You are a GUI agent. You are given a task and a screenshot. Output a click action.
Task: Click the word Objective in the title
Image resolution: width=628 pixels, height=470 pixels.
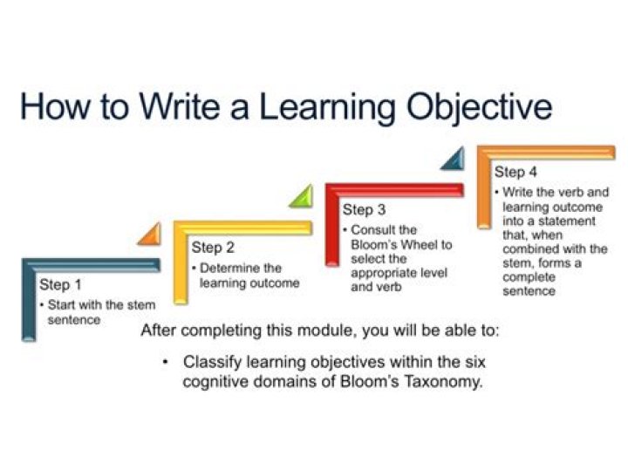tap(474, 107)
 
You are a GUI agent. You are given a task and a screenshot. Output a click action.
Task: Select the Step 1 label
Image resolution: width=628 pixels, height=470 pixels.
tap(60, 285)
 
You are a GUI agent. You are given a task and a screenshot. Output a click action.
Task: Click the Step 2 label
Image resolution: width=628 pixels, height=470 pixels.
tap(213, 248)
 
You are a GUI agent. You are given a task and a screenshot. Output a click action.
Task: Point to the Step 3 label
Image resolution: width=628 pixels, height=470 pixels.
tap(364, 209)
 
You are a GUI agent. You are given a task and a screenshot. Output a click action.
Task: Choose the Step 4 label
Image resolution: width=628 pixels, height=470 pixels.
tap(515, 172)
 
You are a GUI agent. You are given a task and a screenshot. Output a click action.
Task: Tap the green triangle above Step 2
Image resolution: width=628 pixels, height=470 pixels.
tap(300, 196)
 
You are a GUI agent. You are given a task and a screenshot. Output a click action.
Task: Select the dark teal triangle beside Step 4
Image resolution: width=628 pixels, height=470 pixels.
tap(453, 159)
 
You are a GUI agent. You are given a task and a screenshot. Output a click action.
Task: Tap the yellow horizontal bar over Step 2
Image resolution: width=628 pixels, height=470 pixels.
tap(244, 228)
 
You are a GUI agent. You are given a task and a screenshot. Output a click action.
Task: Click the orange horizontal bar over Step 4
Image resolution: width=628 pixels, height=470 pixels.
tap(545, 153)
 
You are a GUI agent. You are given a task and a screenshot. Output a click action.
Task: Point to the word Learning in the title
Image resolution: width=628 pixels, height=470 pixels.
tap(299, 107)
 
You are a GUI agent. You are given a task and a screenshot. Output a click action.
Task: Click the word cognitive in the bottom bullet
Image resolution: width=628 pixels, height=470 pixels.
tap(215, 382)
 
